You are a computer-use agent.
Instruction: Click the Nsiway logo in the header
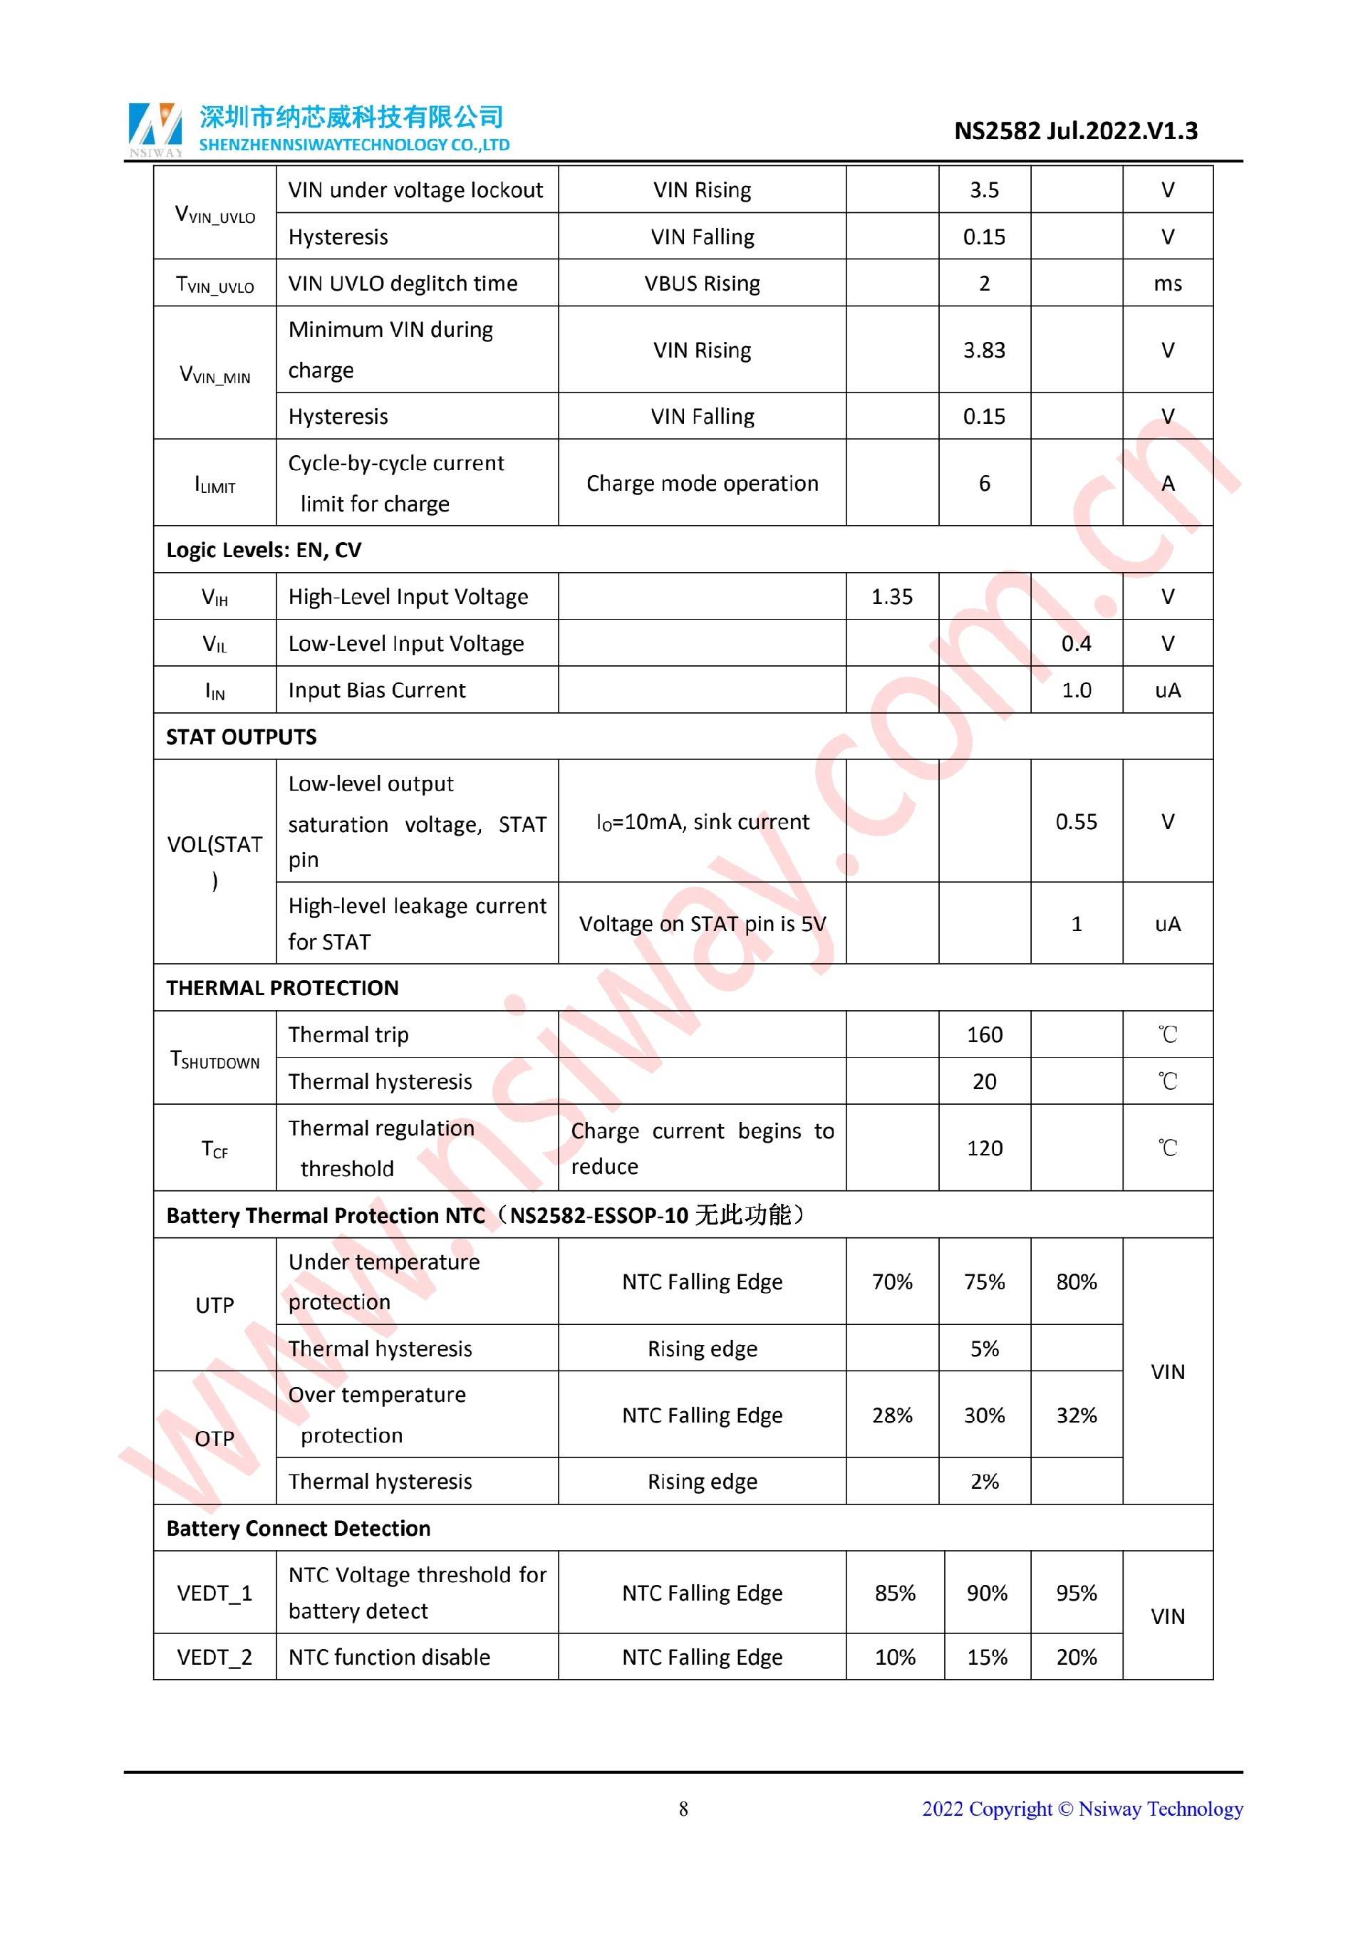(x=155, y=128)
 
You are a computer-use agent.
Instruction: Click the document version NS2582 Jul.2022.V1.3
(x=1075, y=131)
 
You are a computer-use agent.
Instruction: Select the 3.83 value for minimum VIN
(x=984, y=350)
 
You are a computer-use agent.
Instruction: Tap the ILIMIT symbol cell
(x=214, y=484)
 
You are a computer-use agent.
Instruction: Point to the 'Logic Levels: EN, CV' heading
(x=264, y=550)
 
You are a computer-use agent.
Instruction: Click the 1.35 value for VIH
(x=891, y=597)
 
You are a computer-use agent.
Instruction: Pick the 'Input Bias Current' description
(x=376, y=691)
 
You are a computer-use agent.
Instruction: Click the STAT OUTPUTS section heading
(x=241, y=737)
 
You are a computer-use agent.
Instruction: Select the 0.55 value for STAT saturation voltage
(x=1076, y=822)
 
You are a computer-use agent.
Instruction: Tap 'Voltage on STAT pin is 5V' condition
(x=702, y=924)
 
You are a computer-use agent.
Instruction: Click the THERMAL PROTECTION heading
(x=282, y=988)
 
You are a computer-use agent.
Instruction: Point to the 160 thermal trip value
(x=984, y=1035)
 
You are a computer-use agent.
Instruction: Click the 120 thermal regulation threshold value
(x=984, y=1149)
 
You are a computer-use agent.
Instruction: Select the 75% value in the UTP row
(x=984, y=1282)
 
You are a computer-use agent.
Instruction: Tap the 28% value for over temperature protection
(x=891, y=1415)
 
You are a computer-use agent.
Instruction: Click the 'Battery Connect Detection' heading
(x=299, y=1529)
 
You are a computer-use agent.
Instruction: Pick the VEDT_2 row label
(x=214, y=1658)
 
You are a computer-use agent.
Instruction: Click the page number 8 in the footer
(x=683, y=1809)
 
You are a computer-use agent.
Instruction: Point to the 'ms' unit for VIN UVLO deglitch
(x=1168, y=284)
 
